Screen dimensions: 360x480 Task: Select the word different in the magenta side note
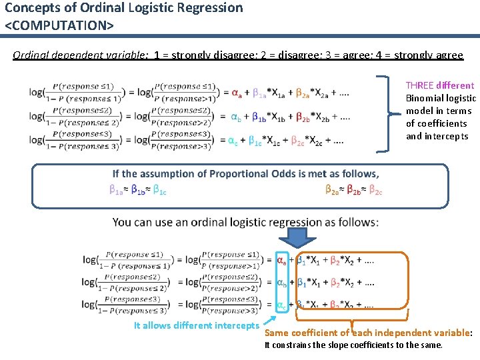point(455,85)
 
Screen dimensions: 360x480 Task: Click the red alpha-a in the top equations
point(237,92)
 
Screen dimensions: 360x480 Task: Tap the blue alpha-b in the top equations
point(236,118)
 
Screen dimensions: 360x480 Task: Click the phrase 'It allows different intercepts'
point(195,325)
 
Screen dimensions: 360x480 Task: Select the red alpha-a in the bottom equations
point(282,261)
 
